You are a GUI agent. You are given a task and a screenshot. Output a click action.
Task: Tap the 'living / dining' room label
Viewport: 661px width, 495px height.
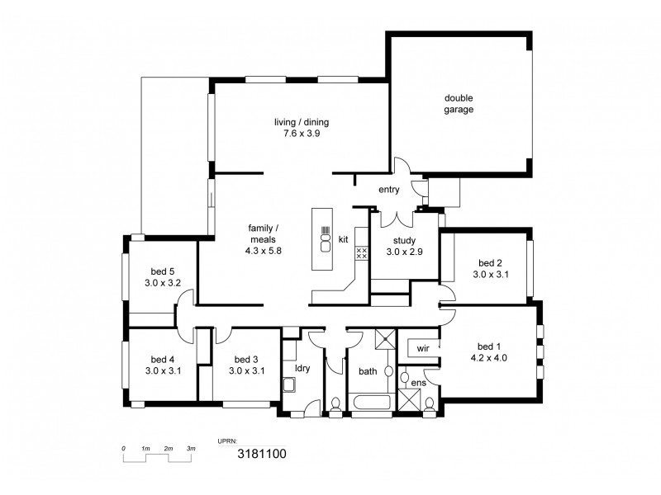302,122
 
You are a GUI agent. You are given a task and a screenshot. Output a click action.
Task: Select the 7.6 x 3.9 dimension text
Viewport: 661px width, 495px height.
302,134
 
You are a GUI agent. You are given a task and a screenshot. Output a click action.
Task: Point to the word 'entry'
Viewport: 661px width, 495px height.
388,190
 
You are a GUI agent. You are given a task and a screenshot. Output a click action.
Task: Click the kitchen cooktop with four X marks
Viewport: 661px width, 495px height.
361,252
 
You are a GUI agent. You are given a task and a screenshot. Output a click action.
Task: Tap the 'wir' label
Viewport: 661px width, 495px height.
421,348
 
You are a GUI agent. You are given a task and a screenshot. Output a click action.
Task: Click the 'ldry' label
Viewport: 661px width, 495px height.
302,368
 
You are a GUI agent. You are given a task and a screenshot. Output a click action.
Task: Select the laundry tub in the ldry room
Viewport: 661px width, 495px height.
289,384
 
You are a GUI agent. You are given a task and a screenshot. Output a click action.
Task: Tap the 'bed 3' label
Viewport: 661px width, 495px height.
246,359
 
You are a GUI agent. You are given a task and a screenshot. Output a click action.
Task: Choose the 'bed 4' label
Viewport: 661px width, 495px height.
163,359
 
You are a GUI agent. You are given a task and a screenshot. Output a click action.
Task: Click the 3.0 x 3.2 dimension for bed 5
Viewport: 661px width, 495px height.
163,282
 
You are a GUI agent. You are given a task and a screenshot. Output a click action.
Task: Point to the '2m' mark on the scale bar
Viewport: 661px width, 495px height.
168,448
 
